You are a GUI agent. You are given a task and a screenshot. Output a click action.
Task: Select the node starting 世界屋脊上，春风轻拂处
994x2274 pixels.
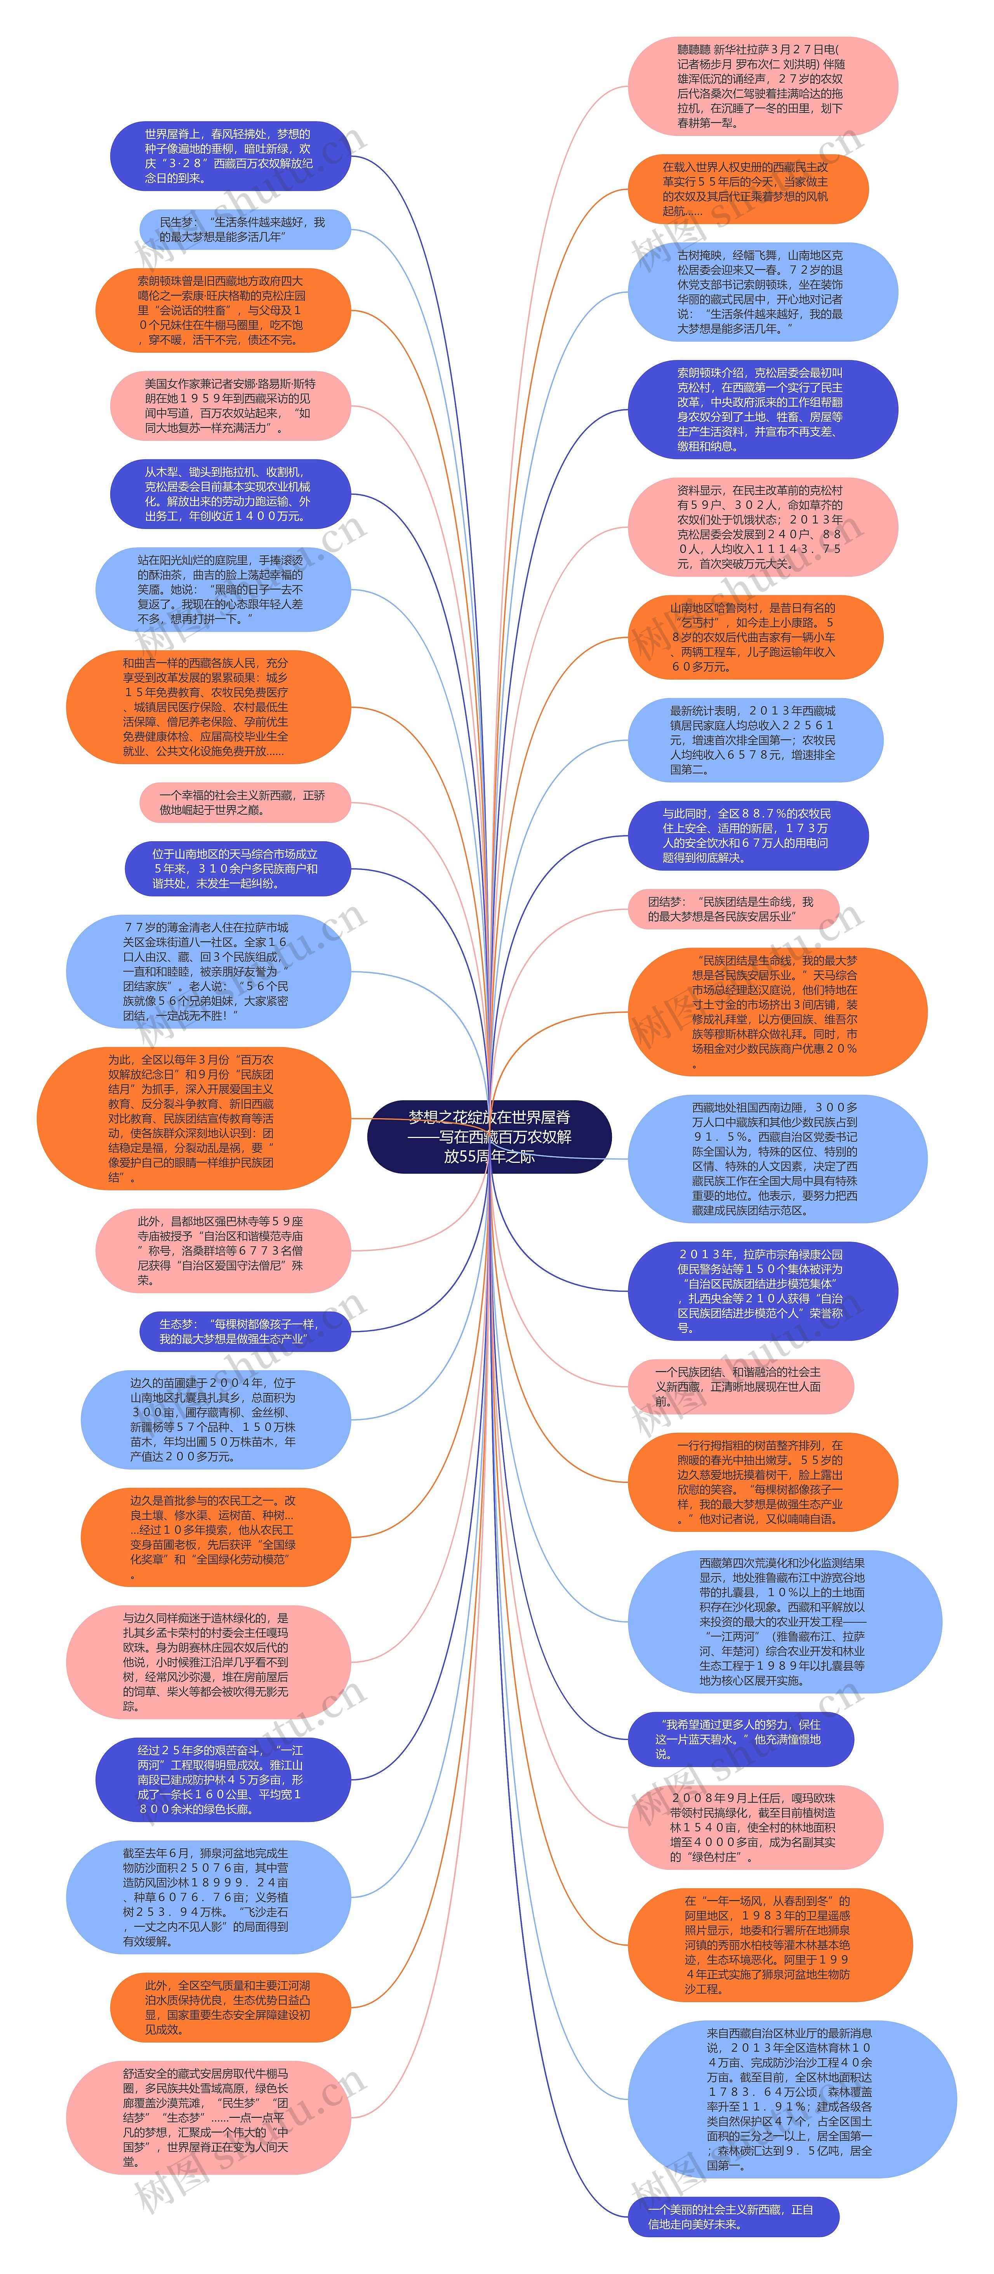click(x=229, y=156)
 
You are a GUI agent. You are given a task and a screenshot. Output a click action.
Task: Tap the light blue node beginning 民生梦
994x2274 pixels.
click(x=243, y=230)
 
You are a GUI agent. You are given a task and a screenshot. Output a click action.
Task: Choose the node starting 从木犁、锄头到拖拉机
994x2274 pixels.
click(x=229, y=494)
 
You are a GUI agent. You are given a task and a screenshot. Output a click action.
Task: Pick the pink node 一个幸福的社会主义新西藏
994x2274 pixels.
click(x=243, y=802)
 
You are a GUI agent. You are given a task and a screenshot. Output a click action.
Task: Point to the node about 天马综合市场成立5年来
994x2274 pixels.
click(x=236, y=869)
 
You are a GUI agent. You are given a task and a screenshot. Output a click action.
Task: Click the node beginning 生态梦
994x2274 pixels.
click(x=243, y=1331)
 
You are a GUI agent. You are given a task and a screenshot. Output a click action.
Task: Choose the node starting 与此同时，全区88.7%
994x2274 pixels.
click(x=747, y=835)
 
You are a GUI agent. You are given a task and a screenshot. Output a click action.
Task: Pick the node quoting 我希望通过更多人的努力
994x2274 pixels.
click(x=740, y=1739)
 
